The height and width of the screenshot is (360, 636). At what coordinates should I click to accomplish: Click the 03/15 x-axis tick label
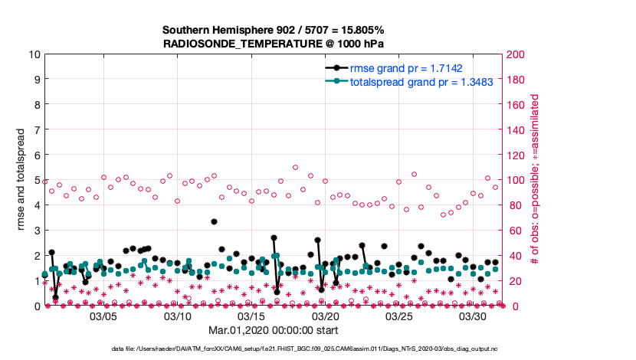(x=251, y=316)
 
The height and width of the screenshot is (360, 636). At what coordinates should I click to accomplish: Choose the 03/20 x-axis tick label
(x=326, y=316)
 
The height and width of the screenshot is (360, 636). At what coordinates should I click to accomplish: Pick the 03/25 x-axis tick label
(x=400, y=316)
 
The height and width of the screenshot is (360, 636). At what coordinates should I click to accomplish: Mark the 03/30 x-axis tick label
(x=474, y=316)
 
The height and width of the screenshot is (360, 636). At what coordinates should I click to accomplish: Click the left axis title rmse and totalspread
(x=21, y=180)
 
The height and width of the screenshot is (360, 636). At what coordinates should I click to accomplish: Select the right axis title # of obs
(x=536, y=180)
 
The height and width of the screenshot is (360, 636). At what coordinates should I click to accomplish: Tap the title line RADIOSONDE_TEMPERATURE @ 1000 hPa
(x=273, y=44)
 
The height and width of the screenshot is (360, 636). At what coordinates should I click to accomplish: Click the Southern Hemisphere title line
(x=273, y=30)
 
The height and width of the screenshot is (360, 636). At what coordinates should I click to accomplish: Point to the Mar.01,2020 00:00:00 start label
(x=272, y=330)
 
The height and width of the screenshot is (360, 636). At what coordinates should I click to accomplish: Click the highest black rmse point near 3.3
(x=215, y=222)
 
